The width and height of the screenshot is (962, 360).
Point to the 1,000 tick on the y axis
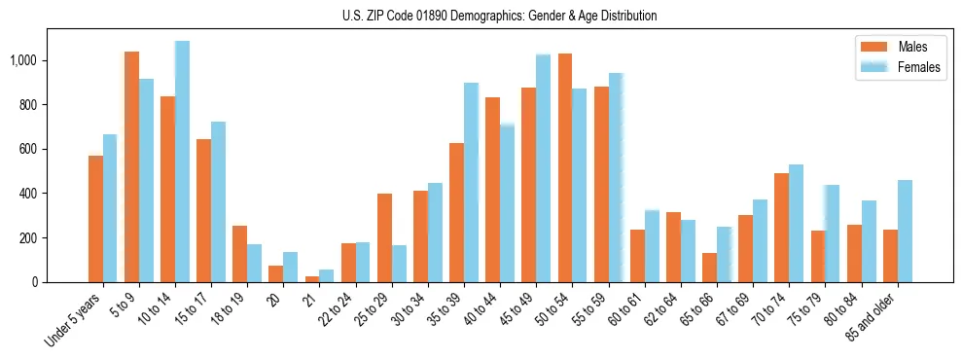tap(23, 60)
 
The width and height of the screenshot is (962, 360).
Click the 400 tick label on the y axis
tap(28, 194)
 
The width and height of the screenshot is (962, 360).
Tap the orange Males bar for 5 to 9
tap(131, 166)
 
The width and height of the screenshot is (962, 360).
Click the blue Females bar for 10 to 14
tap(182, 162)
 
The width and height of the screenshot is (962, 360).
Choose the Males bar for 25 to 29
tap(384, 237)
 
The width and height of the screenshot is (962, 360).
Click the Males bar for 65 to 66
tap(709, 268)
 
